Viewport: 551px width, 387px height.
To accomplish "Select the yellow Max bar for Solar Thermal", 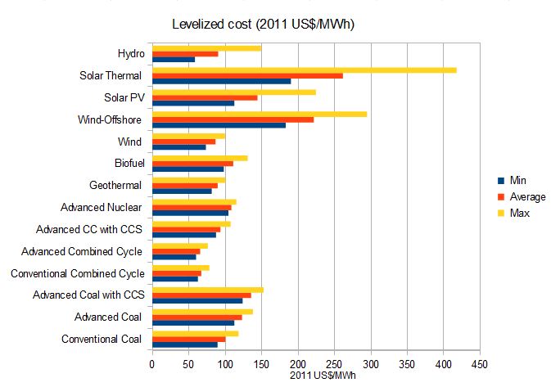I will (x=304, y=70).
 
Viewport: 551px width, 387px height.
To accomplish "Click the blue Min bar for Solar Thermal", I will (x=221, y=82).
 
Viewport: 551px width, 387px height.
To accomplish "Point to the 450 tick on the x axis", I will (x=480, y=362).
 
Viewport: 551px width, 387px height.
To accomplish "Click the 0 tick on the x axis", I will (x=152, y=362).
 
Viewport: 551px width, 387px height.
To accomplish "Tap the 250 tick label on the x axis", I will (x=334, y=362).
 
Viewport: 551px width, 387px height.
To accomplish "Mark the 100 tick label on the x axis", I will (x=225, y=362).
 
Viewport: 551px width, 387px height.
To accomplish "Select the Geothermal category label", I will (x=115, y=186).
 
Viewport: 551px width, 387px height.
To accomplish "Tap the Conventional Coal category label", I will (x=102, y=339).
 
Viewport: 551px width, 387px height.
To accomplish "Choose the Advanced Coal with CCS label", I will (x=88, y=295).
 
